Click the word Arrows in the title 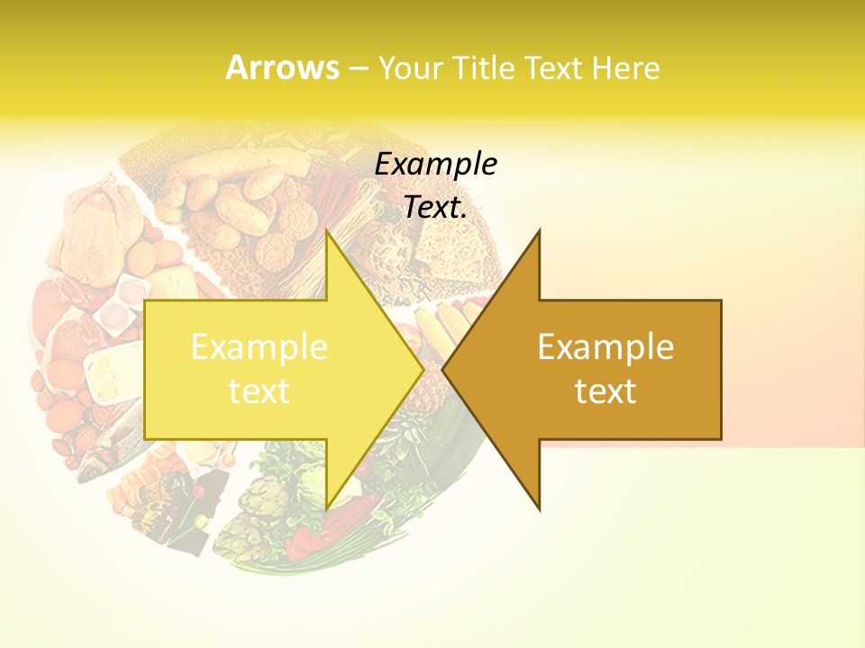[x=282, y=67]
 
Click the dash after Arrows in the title [x=358, y=68]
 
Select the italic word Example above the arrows [x=436, y=164]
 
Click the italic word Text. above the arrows [x=436, y=207]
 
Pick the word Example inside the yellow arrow [x=259, y=347]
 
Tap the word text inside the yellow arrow [x=259, y=391]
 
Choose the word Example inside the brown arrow [x=605, y=347]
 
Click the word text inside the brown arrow [x=605, y=391]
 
